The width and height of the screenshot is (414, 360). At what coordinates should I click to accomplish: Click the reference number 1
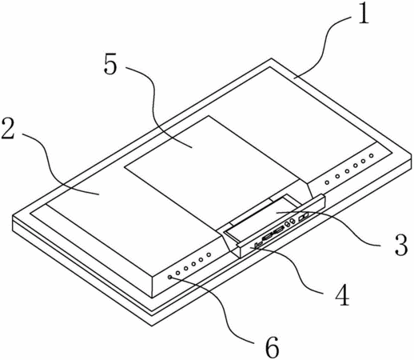click(363, 14)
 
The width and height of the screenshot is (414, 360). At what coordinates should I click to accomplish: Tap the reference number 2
click(8, 129)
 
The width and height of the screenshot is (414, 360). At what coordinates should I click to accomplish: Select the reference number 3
click(401, 245)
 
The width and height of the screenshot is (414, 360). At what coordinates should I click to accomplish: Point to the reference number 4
click(342, 294)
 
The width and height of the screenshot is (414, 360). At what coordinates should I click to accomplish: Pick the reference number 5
click(110, 65)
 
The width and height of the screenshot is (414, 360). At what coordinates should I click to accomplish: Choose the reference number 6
click(272, 347)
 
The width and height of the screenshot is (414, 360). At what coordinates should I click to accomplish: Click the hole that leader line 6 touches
click(170, 278)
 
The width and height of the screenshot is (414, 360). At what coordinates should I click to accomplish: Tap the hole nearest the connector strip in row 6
click(209, 254)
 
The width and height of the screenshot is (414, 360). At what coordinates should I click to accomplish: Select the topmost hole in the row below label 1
click(372, 155)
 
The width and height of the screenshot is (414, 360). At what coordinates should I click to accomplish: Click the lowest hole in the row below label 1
click(327, 182)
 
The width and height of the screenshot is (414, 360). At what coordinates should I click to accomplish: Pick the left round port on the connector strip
click(287, 225)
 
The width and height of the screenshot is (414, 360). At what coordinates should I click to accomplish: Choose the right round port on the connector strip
click(292, 222)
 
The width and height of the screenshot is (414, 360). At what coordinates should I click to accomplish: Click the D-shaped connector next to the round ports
click(279, 230)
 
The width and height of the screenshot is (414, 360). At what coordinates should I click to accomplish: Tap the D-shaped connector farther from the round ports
click(268, 236)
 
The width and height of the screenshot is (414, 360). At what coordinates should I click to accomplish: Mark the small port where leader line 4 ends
click(257, 245)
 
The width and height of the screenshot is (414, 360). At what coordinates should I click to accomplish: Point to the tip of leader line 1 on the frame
click(294, 78)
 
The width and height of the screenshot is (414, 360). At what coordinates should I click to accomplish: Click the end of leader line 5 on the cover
click(192, 147)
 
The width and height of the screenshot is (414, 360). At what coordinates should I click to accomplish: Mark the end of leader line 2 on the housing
click(99, 194)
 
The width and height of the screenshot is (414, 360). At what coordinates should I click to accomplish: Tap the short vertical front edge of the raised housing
click(152, 287)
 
